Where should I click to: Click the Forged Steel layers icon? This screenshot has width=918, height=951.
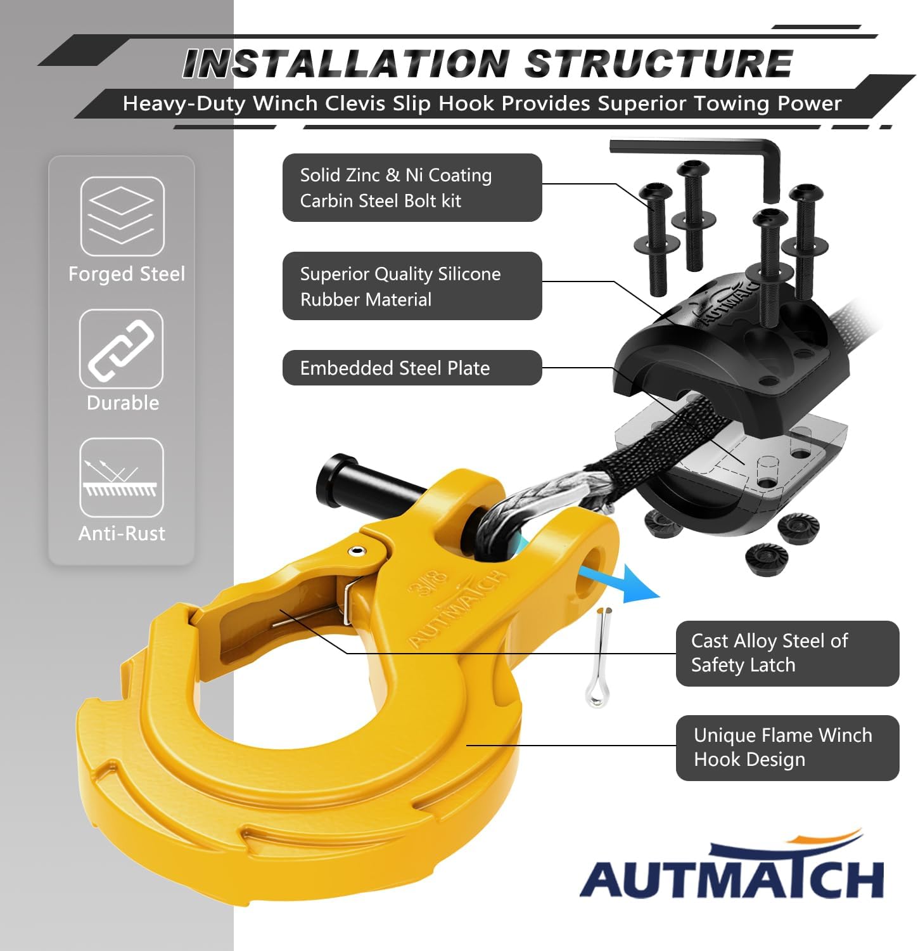[x=122, y=216]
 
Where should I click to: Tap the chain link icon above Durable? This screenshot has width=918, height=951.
[x=121, y=349]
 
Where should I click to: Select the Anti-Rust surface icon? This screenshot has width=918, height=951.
[x=121, y=477]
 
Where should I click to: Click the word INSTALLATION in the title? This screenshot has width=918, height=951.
[x=346, y=64]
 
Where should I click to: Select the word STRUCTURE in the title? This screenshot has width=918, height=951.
[x=659, y=64]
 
